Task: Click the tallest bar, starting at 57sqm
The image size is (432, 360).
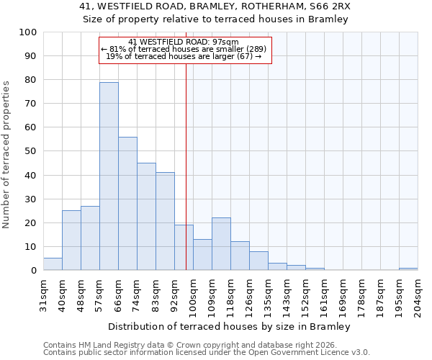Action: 109,176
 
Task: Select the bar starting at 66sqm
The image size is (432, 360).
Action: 127,204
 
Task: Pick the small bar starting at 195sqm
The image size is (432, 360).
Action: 408,269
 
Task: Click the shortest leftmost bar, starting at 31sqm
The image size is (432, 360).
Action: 53,264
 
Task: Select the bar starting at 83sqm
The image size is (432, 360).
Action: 165,222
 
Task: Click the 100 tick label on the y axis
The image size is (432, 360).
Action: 27,32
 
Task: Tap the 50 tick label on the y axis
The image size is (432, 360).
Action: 30,151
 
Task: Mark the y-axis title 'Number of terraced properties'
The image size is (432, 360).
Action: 6,154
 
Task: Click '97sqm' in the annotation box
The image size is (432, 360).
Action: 235,42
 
